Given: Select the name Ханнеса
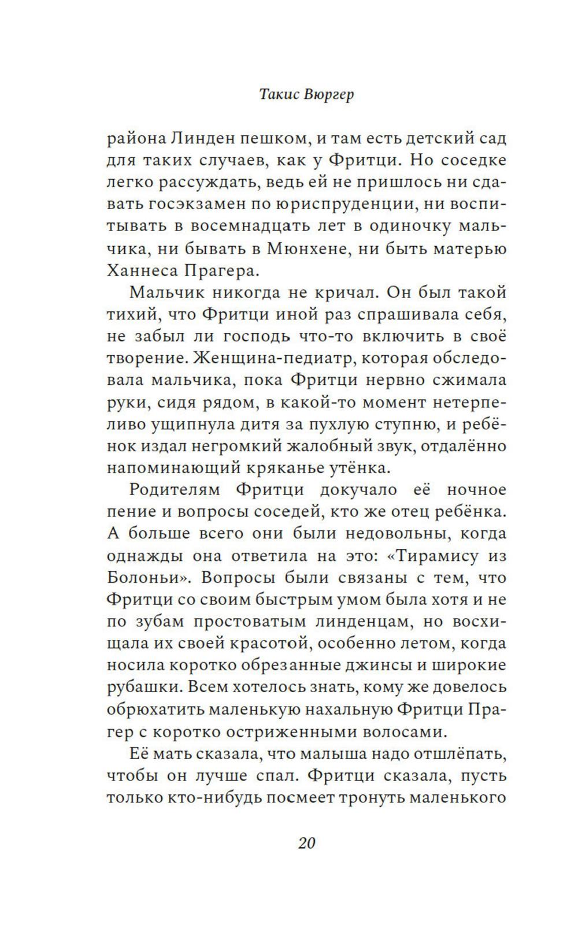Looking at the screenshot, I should coord(141,270).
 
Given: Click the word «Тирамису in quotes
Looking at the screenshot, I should coord(432,556).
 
